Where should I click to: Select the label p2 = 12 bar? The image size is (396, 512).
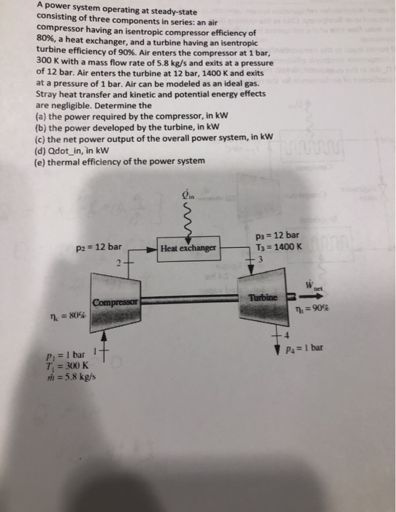pos(97,247)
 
